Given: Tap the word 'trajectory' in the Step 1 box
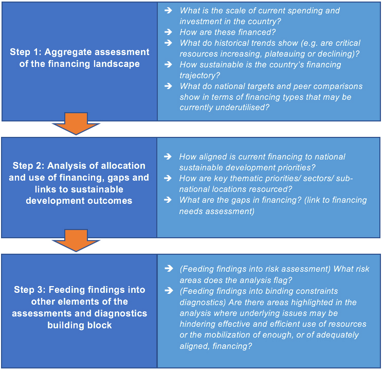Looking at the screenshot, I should coord(198,75).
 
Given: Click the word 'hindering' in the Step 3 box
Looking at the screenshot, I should coord(198,324).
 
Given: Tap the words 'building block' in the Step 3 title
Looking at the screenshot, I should coord(79,325).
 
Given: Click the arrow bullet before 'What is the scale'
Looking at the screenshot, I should coord(168,10).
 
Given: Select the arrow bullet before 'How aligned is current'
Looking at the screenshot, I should coord(168,156).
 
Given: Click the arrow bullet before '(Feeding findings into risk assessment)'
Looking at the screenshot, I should coord(168,269).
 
